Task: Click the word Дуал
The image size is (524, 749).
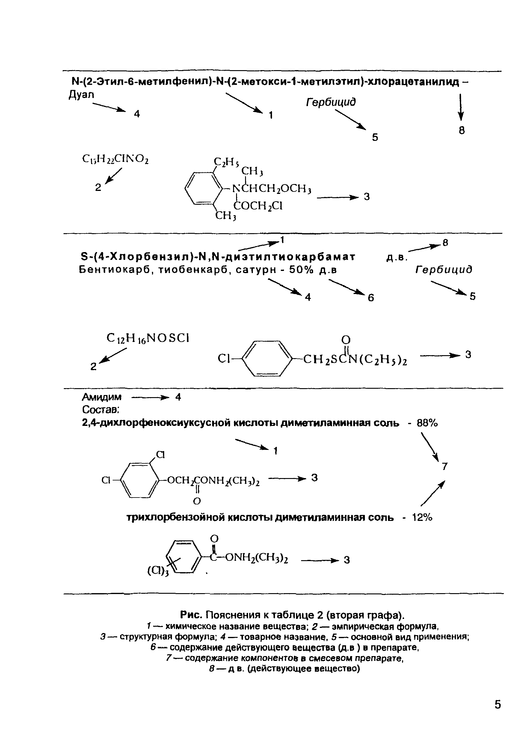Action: click(x=81, y=95)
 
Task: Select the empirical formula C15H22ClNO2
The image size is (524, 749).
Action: click(x=115, y=159)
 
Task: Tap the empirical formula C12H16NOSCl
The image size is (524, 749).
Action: click(x=148, y=338)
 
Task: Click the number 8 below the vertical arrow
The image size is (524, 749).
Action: click(x=461, y=130)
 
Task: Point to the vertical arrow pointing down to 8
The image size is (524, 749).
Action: click(x=461, y=107)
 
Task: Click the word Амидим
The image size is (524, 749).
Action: click(x=101, y=397)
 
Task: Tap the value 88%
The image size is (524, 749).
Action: click(x=427, y=423)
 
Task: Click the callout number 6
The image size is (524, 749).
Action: click(x=371, y=298)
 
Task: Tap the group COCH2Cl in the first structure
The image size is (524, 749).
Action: click(x=258, y=206)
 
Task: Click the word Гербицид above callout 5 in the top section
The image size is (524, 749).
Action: click(x=331, y=102)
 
